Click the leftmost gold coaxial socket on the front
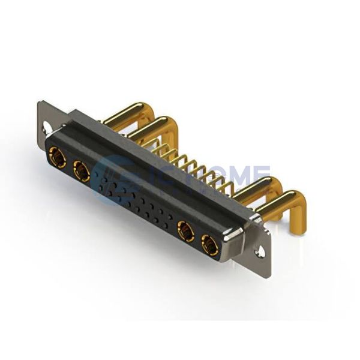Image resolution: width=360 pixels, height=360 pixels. pos(58,157)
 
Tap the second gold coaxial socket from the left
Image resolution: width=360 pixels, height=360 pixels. pos(82,172)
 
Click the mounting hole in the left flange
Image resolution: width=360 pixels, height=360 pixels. pos(45,127)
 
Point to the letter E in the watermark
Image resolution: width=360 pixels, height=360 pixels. pos(258,178)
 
